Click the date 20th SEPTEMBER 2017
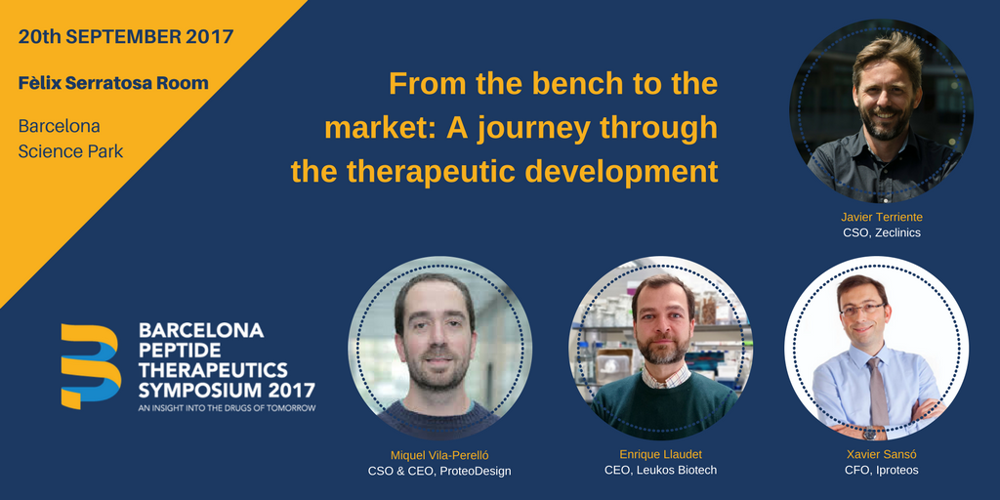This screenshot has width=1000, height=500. point(126,37)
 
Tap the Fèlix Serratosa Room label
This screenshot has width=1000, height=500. point(113,83)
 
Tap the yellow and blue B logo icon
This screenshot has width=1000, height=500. point(90,365)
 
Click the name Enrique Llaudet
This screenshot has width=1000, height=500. point(660,454)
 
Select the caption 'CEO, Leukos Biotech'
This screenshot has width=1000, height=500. point(660,471)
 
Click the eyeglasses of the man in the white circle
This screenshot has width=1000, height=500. point(861,309)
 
